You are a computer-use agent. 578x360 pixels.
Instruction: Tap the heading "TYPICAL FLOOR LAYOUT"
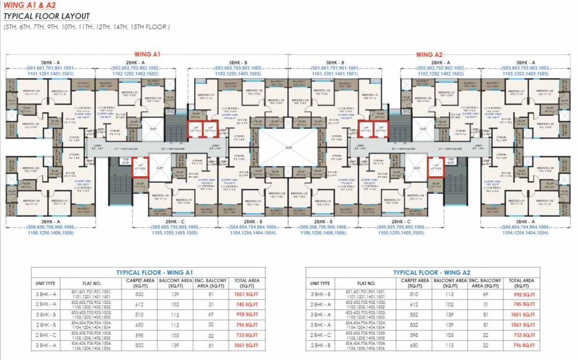(47, 16)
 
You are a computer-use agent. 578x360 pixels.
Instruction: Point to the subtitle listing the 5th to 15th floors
(87, 27)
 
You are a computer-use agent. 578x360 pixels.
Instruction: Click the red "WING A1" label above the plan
(148, 54)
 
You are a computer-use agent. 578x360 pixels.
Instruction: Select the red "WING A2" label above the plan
(429, 54)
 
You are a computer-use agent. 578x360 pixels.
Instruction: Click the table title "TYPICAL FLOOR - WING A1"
(155, 272)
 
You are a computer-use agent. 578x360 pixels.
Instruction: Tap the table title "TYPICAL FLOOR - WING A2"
(431, 272)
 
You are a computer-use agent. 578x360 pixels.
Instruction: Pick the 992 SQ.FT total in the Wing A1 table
(246, 315)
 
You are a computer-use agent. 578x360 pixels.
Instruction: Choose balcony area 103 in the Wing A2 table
(450, 336)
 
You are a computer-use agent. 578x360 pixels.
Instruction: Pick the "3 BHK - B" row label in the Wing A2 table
(320, 294)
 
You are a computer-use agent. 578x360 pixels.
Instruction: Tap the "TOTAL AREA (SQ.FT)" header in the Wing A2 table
(521, 283)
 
